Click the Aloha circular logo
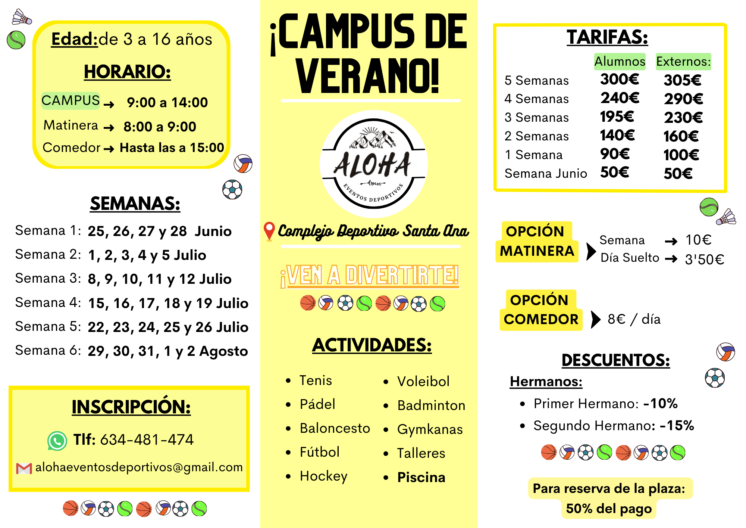point(373,164)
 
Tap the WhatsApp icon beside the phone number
point(57,441)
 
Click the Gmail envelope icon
point(24,468)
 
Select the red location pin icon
point(269,231)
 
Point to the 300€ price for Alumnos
point(619,79)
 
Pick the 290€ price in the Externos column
point(683,99)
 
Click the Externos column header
point(683,61)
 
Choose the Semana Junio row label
point(545,174)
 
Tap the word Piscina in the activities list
point(421,477)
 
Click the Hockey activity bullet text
point(323,476)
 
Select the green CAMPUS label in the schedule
point(70,100)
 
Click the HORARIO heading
point(127,72)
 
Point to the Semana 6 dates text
point(167,351)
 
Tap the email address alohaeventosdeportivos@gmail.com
point(139,467)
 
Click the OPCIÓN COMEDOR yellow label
point(540,310)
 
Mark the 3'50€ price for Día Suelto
point(704,259)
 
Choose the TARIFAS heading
point(607,37)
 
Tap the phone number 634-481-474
point(147,440)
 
